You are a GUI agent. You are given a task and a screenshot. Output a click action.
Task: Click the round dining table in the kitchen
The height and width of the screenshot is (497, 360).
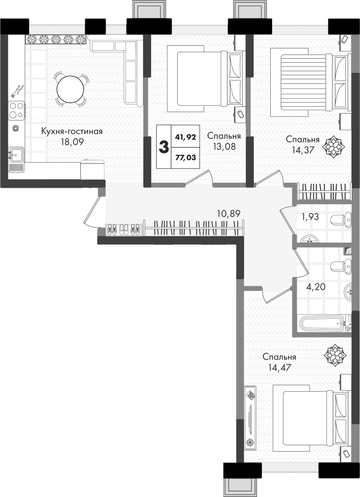click(71, 89)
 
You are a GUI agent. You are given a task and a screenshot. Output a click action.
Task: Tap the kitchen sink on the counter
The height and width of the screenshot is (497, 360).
click(16, 155)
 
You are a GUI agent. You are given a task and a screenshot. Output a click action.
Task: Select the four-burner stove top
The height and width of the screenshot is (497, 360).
click(16, 109)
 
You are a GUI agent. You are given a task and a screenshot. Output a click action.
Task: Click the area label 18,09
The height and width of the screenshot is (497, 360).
click(72, 142)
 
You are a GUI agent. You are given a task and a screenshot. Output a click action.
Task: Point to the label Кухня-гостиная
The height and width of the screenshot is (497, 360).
click(72, 131)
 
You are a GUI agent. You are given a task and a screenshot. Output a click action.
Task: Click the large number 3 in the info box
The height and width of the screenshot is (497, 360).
click(164, 147)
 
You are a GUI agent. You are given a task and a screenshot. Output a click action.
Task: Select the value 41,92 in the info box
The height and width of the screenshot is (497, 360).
click(185, 137)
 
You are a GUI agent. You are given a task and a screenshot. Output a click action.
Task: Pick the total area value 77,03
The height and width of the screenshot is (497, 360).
click(185, 158)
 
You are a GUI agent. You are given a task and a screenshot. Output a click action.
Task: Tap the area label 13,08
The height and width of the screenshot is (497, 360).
click(224, 147)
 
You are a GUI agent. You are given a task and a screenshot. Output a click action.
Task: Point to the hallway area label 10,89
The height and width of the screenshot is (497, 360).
click(229, 213)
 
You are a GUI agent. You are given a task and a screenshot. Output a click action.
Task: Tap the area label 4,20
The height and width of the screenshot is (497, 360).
click(316, 287)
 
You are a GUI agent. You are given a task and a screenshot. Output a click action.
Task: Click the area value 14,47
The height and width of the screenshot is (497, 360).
click(279, 368)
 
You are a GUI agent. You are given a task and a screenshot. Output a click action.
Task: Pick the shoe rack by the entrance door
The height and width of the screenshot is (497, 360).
click(124, 229)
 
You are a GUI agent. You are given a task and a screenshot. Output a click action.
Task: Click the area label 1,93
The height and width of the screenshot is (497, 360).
click(310, 217)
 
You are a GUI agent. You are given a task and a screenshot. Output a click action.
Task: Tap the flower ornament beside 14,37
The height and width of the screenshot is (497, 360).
click(333, 147)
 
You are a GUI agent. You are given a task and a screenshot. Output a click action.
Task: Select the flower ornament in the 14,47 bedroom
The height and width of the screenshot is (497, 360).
click(334, 355)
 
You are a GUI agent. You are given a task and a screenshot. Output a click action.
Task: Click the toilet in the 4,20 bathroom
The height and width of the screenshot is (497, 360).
click(341, 265)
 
